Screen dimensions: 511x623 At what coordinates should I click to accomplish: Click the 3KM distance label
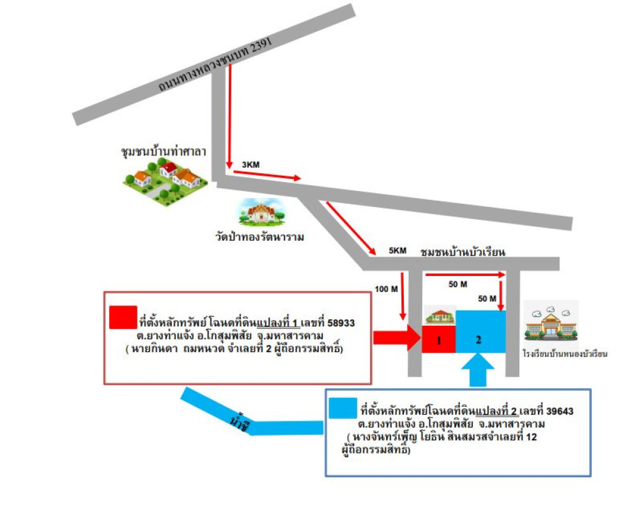pos(250,165)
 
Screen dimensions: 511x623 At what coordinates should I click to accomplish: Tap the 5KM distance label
pos(397,251)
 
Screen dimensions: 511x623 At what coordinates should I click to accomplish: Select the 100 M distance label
pos(387,289)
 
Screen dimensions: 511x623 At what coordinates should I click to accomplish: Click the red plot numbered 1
pos(439,340)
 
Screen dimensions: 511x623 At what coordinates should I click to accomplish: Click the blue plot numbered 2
pos(479,332)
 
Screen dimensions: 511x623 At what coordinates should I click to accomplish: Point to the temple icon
pos(258,212)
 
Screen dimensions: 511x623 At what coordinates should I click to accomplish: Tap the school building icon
pos(551,323)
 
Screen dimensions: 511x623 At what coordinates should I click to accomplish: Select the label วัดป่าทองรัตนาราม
pos(259,238)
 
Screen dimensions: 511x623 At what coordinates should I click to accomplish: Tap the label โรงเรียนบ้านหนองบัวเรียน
pos(564,353)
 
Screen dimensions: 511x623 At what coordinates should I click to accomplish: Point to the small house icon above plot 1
pos(439,316)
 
